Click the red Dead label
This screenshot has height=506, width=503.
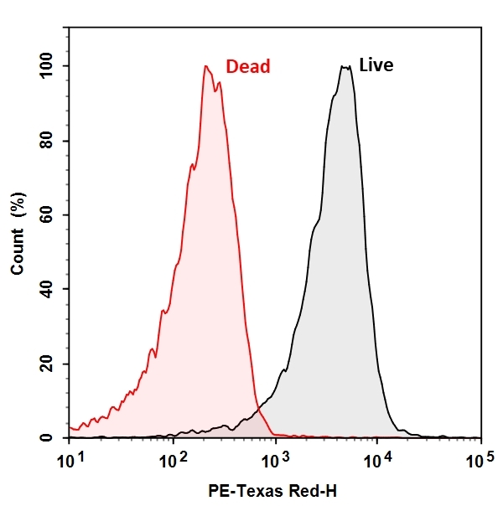click(x=248, y=66)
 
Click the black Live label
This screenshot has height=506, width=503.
click(x=376, y=65)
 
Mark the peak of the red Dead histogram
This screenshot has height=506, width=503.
click(x=205, y=66)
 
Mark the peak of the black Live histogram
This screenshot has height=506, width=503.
click(x=345, y=66)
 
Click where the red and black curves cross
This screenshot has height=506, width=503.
click(x=257, y=411)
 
